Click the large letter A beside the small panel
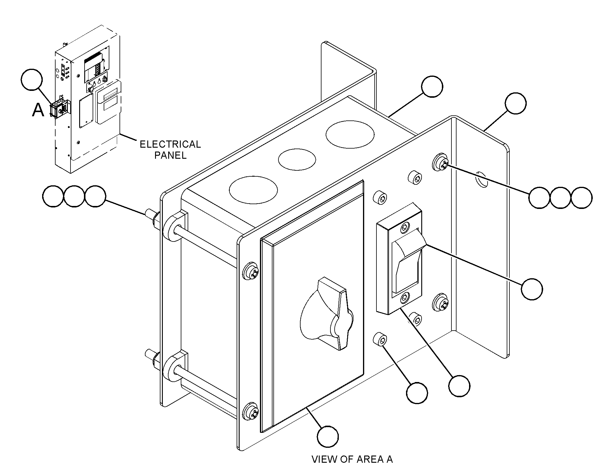(38, 110)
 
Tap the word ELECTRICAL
(170, 144)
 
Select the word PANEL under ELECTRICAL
(171, 155)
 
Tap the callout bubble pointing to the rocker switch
(532, 289)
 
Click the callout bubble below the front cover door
(328, 437)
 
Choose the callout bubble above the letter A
(32, 80)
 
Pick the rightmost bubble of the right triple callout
(581, 198)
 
